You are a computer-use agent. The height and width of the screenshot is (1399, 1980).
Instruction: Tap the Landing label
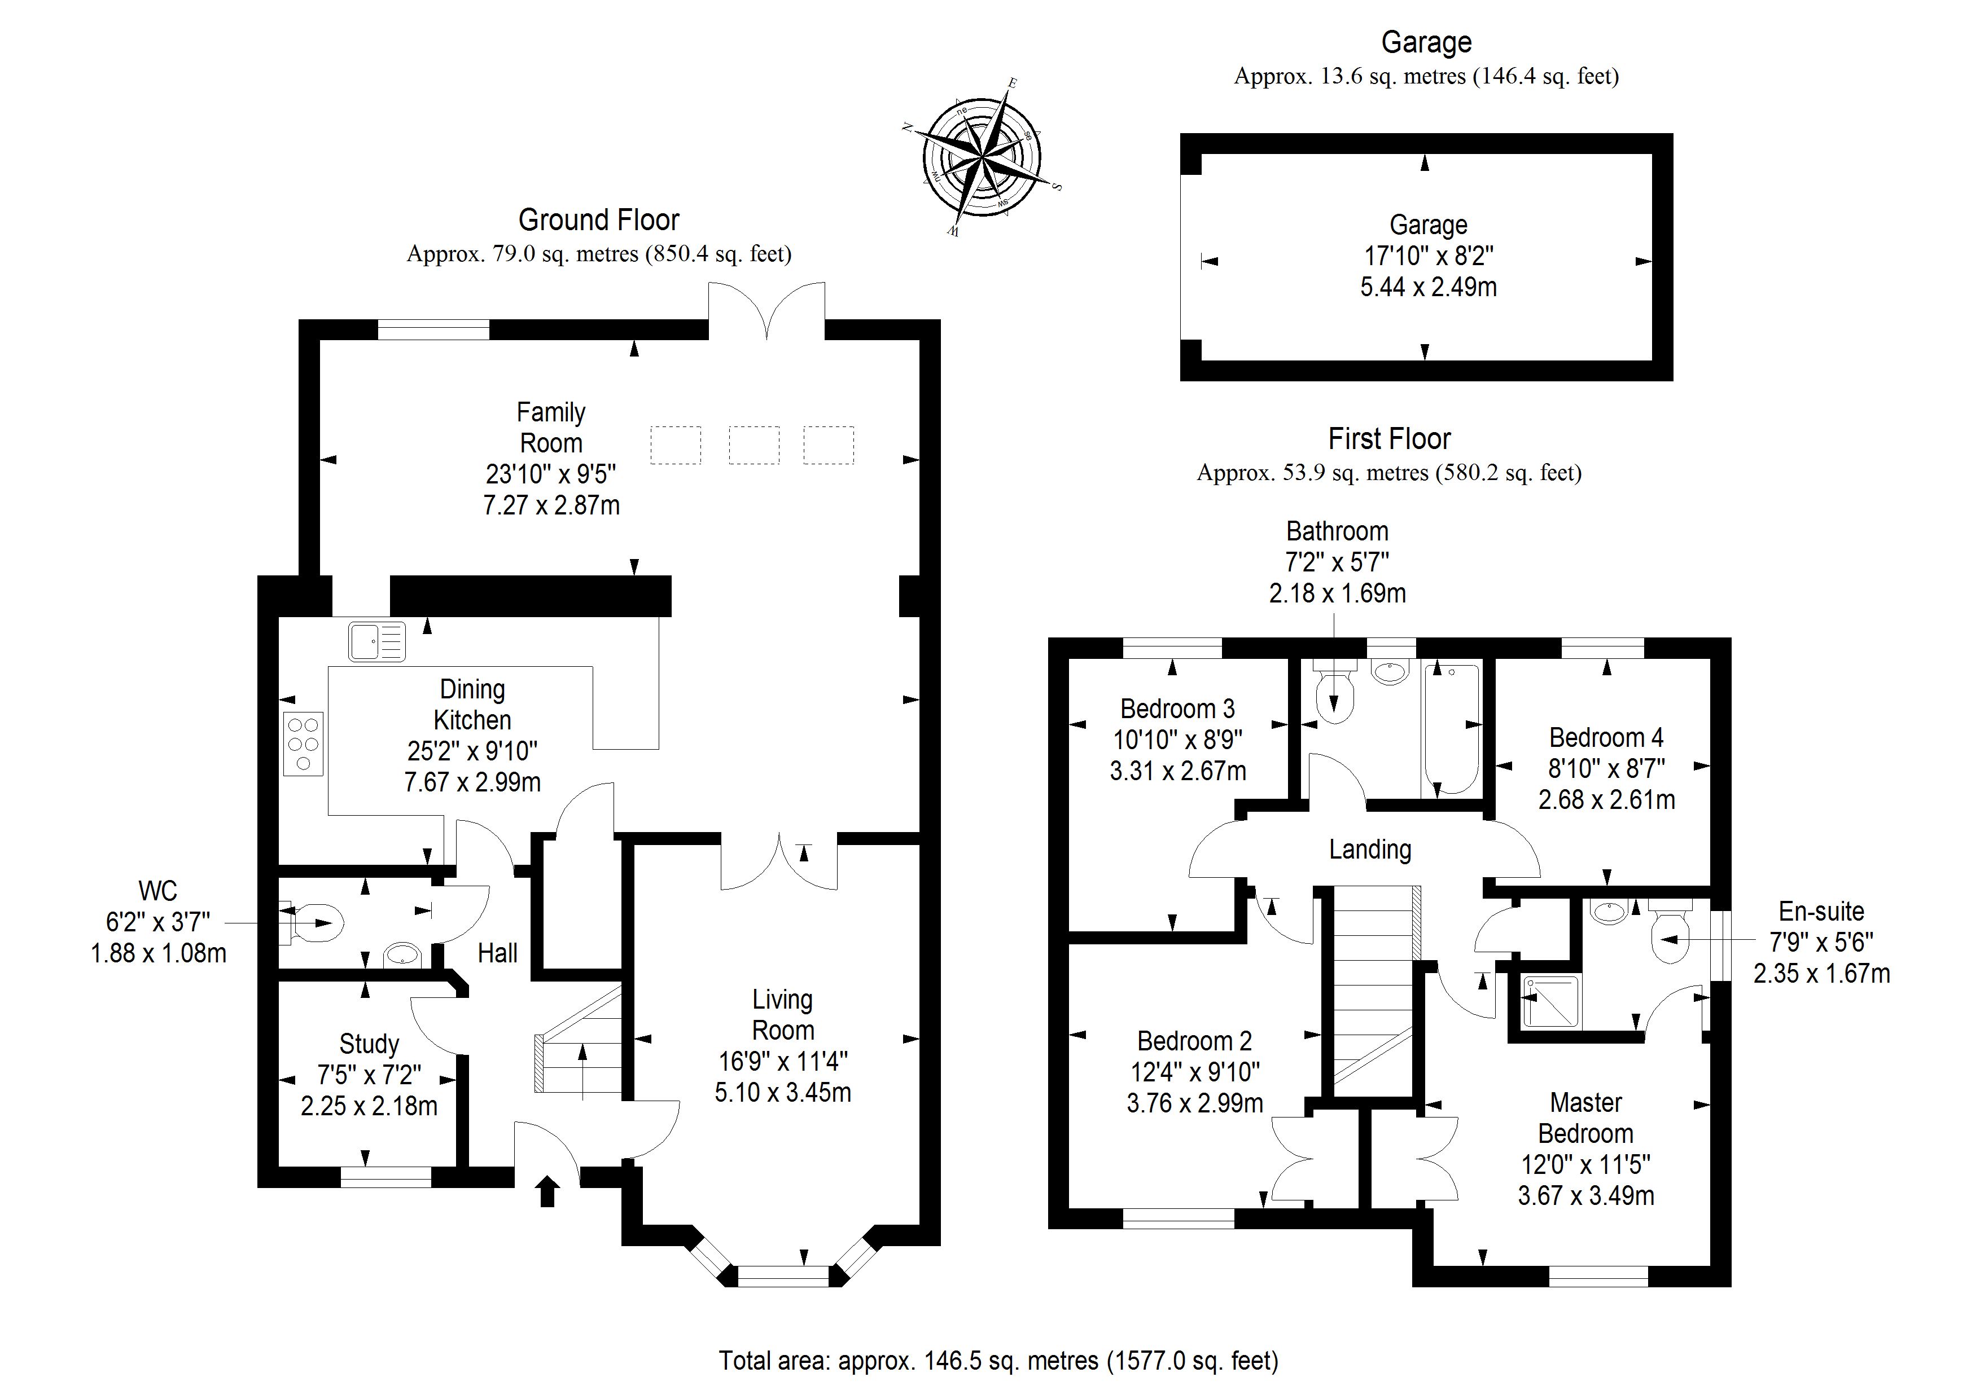(1369, 850)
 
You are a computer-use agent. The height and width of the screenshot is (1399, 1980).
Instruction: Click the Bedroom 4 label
(1606, 738)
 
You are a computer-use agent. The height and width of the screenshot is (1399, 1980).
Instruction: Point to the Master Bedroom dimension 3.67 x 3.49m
(1586, 1195)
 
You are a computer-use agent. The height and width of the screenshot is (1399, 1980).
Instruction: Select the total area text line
(998, 1360)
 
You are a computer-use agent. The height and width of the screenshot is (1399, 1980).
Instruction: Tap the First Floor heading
(1389, 439)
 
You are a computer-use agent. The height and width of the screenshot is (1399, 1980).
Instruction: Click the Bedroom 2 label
(1194, 1041)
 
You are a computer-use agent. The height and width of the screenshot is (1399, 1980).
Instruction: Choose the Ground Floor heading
(598, 220)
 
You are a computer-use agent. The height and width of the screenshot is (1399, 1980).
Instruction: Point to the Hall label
(498, 953)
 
